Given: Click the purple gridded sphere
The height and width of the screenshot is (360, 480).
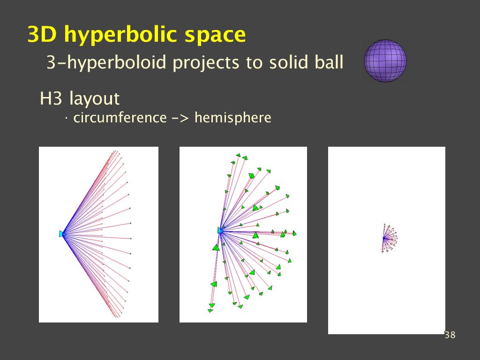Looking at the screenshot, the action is (385, 60).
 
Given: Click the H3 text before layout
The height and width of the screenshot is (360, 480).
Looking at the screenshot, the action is (51, 98).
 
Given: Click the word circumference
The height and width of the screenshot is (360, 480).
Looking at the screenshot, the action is (120, 118).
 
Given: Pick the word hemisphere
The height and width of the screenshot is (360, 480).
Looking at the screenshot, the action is (232, 118).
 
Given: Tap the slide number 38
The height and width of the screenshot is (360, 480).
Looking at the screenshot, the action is (450, 335).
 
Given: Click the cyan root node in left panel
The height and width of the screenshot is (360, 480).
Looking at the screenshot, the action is (62, 234).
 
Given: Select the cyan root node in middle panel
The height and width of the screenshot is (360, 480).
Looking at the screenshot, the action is (220, 230).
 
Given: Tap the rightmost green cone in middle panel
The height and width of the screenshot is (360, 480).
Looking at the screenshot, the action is (294, 233).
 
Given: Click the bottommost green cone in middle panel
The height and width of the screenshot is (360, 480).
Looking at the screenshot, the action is (210, 311).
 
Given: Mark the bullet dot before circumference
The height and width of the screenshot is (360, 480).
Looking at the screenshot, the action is (66, 118).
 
